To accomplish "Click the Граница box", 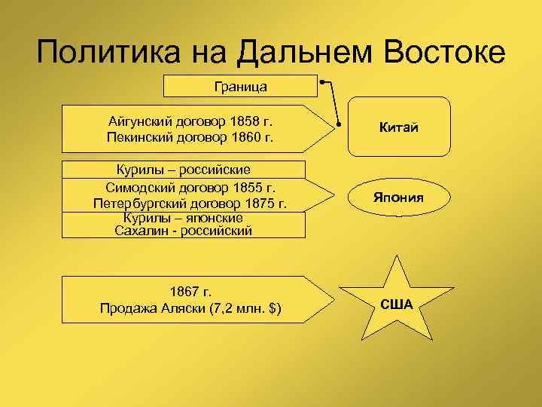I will click(x=240, y=86).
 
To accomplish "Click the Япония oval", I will click(x=398, y=197).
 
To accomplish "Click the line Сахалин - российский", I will click(x=182, y=230).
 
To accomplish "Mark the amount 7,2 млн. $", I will click(x=251, y=308).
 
